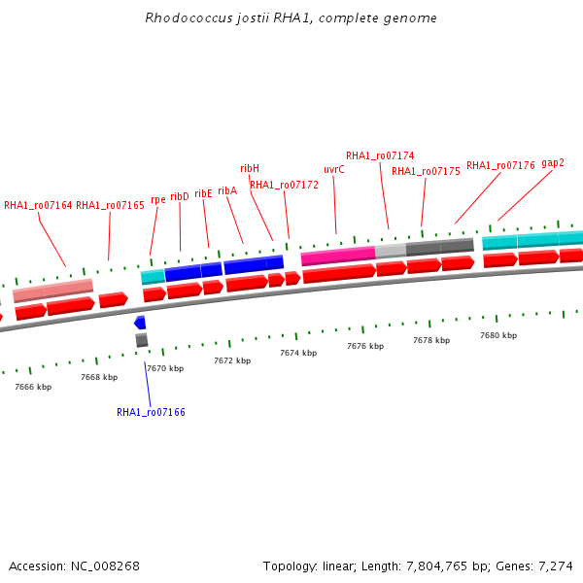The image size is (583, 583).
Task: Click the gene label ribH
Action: [250, 168]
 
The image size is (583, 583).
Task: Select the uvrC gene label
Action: [333, 169]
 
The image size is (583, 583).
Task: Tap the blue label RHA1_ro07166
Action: [151, 412]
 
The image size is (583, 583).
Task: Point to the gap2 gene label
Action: [553, 162]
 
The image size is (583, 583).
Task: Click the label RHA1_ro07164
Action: [38, 205]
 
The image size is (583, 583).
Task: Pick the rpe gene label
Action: [157, 200]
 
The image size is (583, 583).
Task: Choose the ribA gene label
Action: [227, 190]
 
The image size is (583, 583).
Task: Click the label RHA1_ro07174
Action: [380, 155]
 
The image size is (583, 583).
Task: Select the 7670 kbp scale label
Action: [165, 368]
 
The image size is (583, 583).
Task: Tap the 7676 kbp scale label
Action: [365, 346]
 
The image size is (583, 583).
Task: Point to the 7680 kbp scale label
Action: [498, 335]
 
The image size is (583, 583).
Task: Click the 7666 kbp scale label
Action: [33, 387]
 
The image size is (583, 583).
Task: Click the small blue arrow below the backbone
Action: [140, 323]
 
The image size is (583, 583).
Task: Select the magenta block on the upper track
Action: [338, 256]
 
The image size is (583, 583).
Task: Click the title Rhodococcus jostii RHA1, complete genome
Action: [291, 18]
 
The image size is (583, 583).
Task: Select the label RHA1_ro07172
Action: [284, 185]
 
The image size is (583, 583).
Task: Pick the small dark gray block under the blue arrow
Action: [142, 340]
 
